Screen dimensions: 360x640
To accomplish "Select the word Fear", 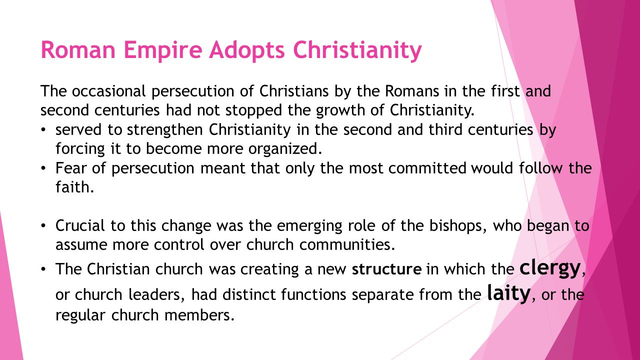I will [69, 168].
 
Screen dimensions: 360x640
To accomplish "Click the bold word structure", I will [386, 269].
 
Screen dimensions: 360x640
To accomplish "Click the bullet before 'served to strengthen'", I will [44, 130].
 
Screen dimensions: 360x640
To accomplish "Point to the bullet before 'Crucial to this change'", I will [44, 226].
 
